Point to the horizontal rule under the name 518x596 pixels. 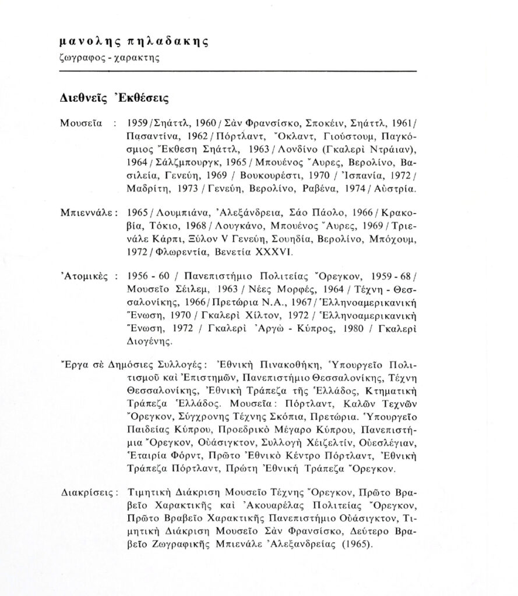tap(239, 71)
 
